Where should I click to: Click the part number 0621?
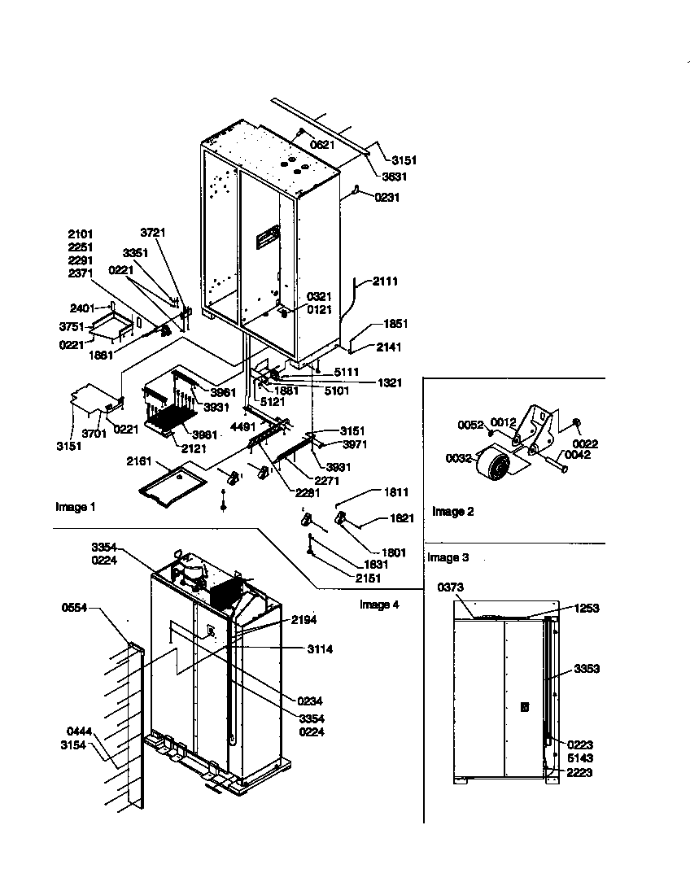(321, 145)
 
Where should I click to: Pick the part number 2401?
(82, 308)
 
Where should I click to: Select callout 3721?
(152, 233)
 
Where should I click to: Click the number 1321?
(389, 382)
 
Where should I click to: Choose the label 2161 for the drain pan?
(139, 461)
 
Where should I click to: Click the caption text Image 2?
(452, 512)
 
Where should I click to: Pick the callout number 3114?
(320, 649)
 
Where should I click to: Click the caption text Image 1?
(76, 508)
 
